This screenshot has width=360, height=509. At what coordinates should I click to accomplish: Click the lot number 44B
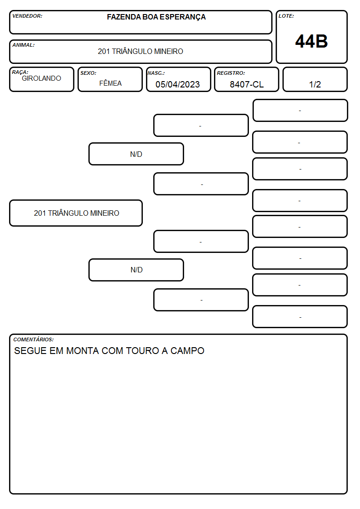click(311, 42)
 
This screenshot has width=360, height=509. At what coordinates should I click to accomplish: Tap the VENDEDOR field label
click(27, 16)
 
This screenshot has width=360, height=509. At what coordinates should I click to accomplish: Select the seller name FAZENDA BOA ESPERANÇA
click(156, 17)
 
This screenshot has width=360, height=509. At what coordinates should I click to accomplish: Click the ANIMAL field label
click(24, 45)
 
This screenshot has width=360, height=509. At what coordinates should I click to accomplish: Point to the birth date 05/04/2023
click(178, 84)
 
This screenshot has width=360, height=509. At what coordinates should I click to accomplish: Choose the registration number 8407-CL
click(247, 84)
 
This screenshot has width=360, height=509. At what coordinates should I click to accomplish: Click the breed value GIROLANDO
click(41, 78)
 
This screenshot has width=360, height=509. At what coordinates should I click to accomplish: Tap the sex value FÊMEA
click(110, 83)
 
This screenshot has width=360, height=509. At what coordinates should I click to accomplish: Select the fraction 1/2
click(315, 84)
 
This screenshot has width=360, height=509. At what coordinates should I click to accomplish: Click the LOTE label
click(286, 16)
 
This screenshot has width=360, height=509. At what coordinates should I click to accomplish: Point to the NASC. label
click(156, 73)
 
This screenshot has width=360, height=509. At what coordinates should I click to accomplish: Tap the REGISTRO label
click(231, 73)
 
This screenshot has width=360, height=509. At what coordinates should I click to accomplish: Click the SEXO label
click(88, 73)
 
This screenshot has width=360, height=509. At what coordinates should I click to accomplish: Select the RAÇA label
click(20, 72)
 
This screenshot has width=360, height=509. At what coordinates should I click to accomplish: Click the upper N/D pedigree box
click(136, 154)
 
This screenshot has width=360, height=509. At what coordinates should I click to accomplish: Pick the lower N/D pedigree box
click(136, 270)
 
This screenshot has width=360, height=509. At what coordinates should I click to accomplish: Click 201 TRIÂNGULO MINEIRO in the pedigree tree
click(76, 213)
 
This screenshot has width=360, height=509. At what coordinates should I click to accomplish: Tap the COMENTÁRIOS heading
click(34, 339)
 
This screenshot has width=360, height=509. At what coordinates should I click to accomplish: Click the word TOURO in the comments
click(142, 350)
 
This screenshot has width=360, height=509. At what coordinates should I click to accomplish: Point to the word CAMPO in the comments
click(187, 350)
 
